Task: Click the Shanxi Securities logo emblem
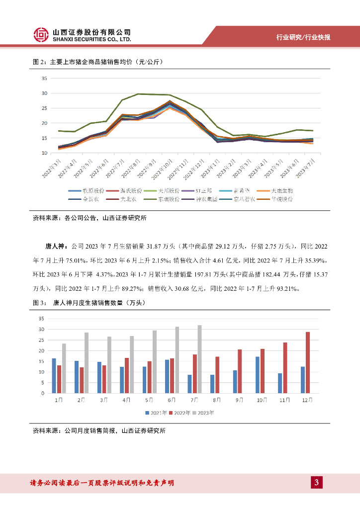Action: [41, 34]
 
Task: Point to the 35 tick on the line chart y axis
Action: [44, 79]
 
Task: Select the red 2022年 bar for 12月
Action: [308, 362]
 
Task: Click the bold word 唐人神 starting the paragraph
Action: [54, 246]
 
